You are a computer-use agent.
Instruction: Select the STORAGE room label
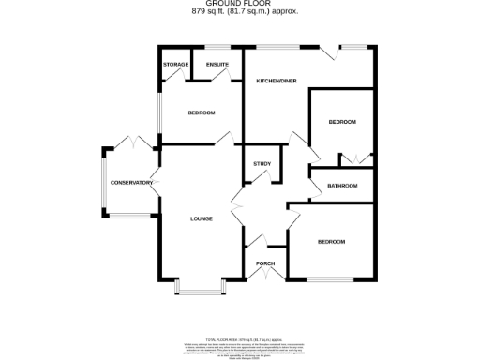click(175, 65)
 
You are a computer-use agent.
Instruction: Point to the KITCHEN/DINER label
click(277, 82)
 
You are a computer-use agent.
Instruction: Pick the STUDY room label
click(262, 165)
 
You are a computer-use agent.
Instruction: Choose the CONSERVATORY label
click(130, 182)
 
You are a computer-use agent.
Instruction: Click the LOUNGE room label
click(202, 219)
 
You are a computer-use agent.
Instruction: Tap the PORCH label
click(264, 263)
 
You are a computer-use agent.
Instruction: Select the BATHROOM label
click(342, 186)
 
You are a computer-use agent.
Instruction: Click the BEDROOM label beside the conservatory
click(201, 113)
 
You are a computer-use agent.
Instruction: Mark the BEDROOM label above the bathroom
click(342, 123)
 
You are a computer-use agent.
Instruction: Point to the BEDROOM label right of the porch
click(331, 242)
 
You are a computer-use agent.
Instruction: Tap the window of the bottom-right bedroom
click(331, 278)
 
